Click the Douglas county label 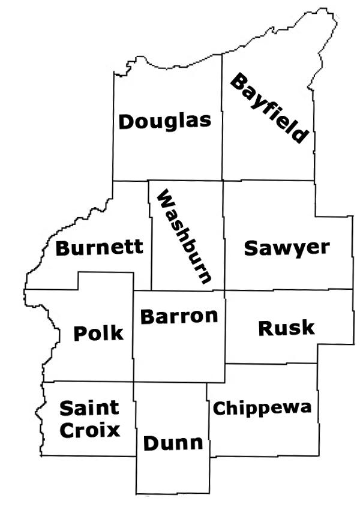click(x=165, y=121)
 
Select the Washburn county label click(x=184, y=237)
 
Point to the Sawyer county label click(x=287, y=248)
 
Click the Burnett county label click(x=100, y=247)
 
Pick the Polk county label click(x=98, y=333)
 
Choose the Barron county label click(x=179, y=316)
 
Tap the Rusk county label click(x=286, y=328)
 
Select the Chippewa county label click(x=263, y=409)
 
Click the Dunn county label click(x=173, y=444)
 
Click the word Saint click(x=89, y=409)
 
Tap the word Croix click(x=89, y=430)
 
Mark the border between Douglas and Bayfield click(x=222, y=120)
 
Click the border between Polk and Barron click(x=133, y=336)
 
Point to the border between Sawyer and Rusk click(x=288, y=289)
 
